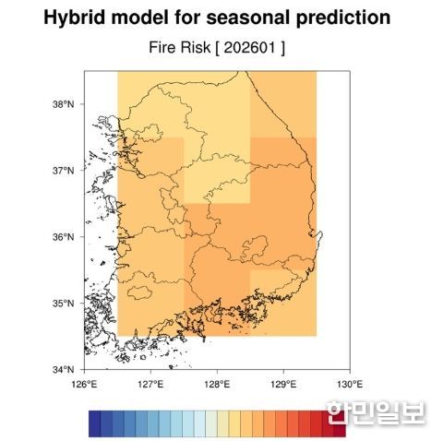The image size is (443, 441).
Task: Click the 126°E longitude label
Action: click(x=84, y=384)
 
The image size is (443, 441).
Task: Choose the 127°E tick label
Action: click(x=150, y=384)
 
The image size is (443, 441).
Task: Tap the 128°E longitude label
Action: click(x=217, y=384)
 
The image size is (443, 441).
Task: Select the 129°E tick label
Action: click(x=283, y=384)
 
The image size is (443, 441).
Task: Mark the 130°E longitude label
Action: click(x=349, y=384)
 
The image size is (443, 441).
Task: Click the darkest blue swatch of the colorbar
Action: click(x=94, y=423)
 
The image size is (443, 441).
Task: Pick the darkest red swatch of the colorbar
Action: click(x=339, y=423)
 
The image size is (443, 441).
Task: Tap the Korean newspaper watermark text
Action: click(x=374, y=411)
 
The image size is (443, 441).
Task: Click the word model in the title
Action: click(x=151, y=18)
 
